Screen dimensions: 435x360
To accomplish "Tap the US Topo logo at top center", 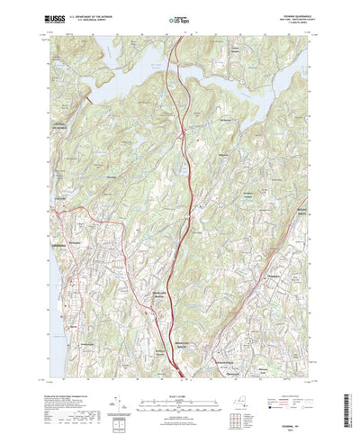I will [x=180, y=18].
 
